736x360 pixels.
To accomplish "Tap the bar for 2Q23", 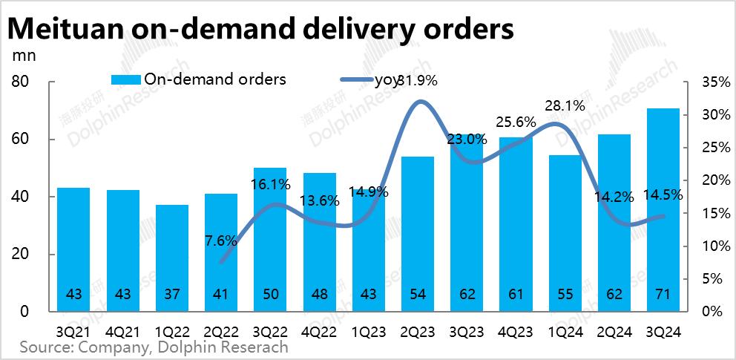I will [418, 234].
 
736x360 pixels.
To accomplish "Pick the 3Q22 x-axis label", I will [270, 331].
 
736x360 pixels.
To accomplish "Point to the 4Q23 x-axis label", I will [516, 331].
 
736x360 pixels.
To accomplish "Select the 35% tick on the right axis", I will [712, 82].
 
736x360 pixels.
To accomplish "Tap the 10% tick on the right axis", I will [712, 246].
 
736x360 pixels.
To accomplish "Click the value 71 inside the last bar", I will [663, 295].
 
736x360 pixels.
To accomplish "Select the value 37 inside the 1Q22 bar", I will [171, 295].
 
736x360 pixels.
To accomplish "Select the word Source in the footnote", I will [45, 347].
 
